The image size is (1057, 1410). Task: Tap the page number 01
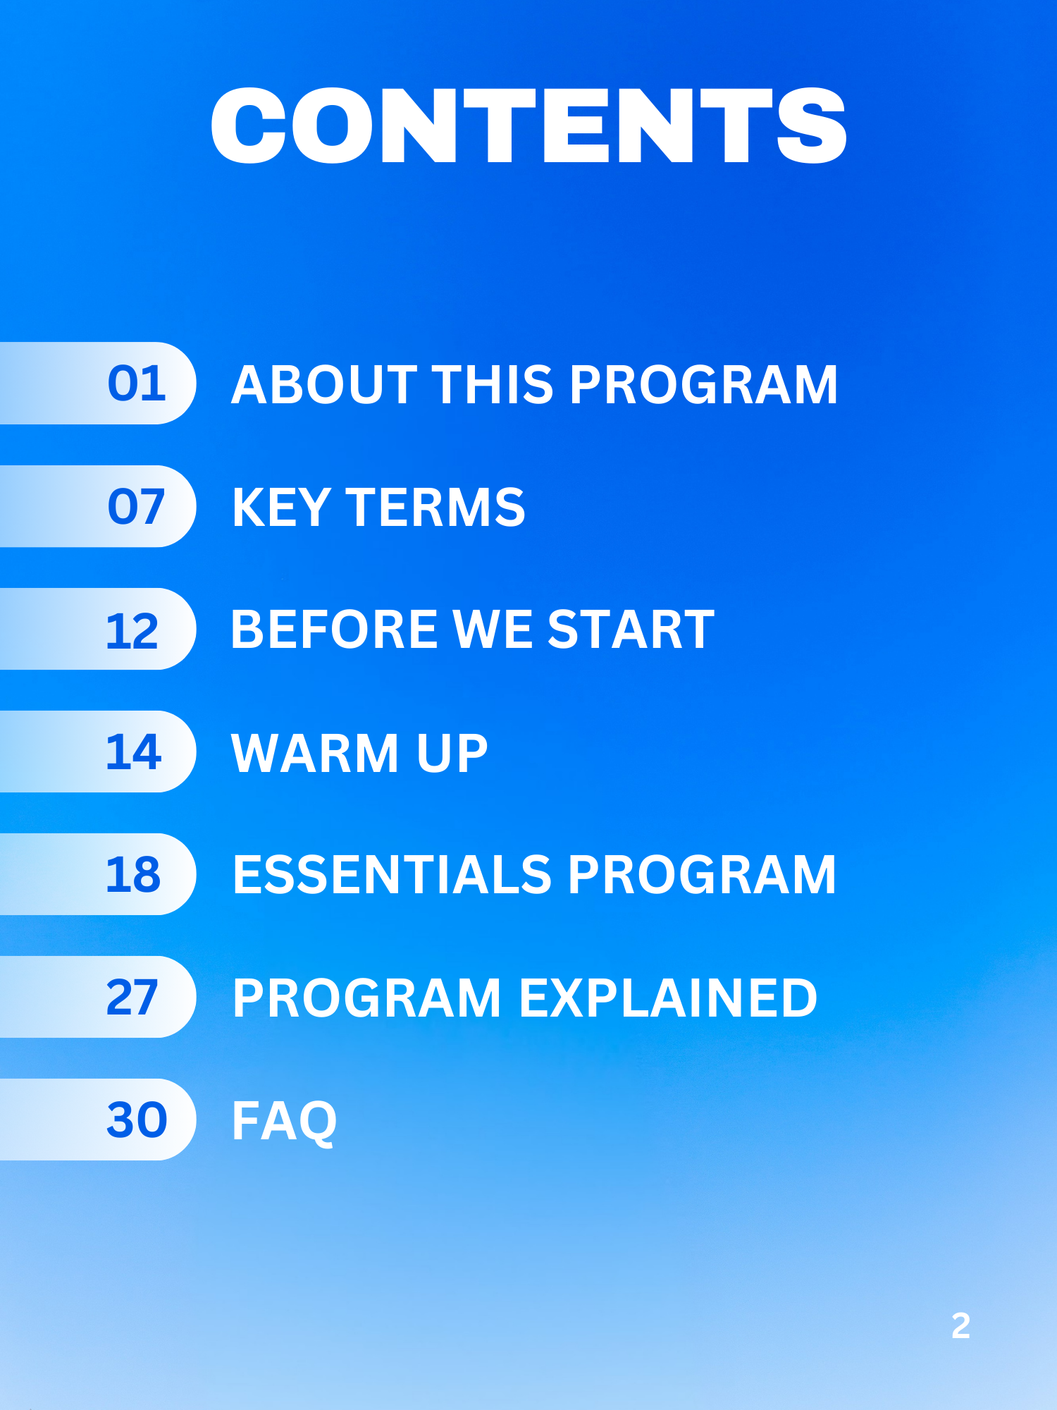click(x=137, y=384)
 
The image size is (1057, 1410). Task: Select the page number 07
click(x=136, y=506)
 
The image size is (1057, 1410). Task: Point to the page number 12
click(x=132, y=630)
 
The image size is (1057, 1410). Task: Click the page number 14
click(x=134, y=752)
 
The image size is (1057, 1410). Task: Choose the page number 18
click(x=133, y=874)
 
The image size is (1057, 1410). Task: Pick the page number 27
click(x=132, y=997)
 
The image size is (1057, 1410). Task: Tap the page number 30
click(x=137, y=1120)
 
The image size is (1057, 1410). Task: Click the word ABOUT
click(x=324, y=384)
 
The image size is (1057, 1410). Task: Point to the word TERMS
click(x=435, y=507)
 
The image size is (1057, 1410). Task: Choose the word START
click(x=631, y=629)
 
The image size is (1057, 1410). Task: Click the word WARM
click(x=315, y=752)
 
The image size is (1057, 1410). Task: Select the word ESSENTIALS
click(x=392, y=874)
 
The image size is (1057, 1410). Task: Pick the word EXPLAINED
click(x=668, y=998)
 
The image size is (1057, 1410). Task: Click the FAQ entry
click(x=285, y=1121)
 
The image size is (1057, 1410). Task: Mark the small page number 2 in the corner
click(x=960, y=1325)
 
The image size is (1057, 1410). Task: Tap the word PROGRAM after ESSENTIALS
click(x=702, y=874)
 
